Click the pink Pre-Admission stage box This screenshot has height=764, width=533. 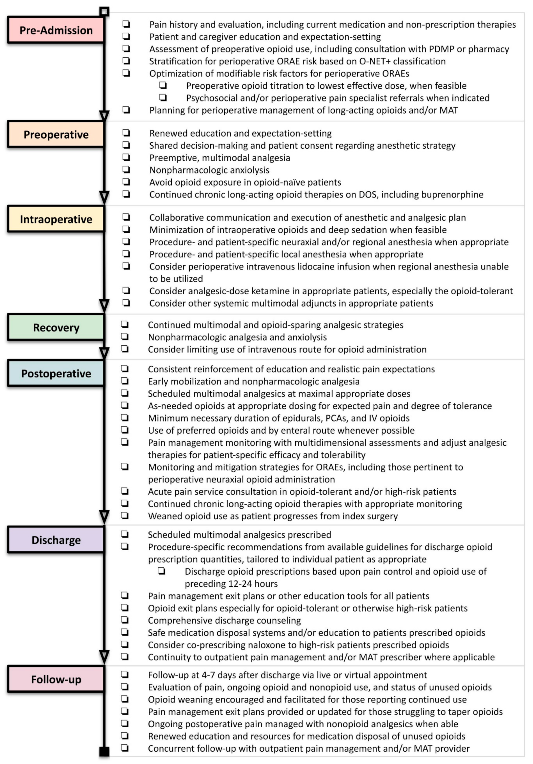click(56, 30)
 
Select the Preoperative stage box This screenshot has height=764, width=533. click(56, 134)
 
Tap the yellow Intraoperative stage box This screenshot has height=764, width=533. click(56, 219)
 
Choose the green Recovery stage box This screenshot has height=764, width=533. click(56, 327)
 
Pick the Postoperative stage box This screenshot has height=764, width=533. click(56, 373)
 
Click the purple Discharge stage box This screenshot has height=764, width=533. click(56, 540)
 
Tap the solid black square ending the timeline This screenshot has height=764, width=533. click(104, 751)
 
